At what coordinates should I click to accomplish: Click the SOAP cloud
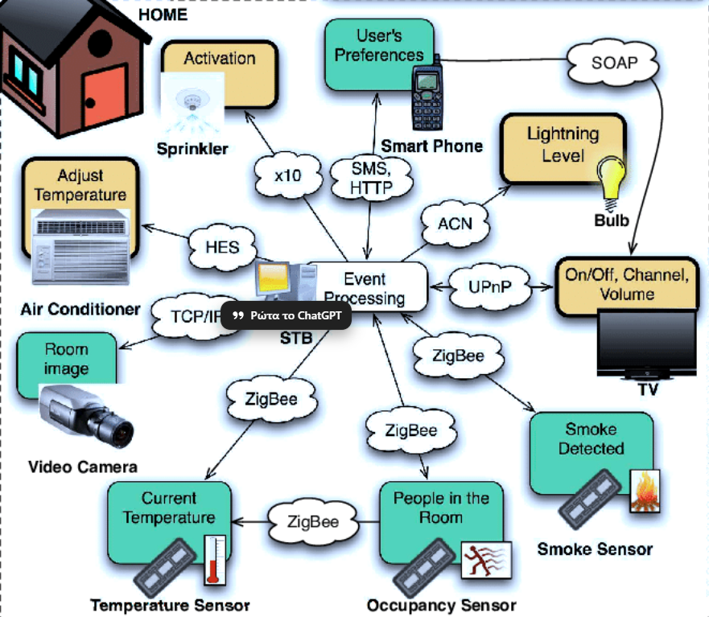[614, 62]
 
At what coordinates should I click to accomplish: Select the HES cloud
[222, 246]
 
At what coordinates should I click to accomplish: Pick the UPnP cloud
[490, 286]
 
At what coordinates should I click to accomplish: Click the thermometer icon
[213, 559]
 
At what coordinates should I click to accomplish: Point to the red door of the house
[103, 97]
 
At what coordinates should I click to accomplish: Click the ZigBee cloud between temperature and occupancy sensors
[313, 521]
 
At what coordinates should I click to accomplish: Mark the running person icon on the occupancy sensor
[484, 560]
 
